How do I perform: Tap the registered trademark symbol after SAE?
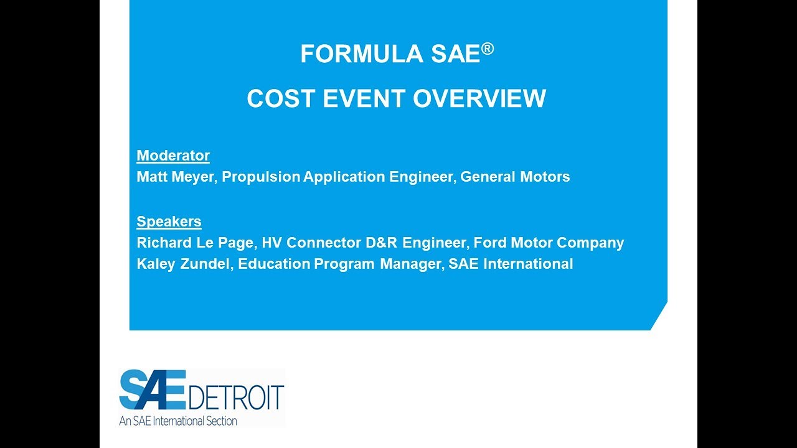point(488,49)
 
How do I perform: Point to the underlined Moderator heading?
point(173,156)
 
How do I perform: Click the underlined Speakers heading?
point(169,222)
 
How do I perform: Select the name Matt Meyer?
point(175,177)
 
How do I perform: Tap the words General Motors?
point(515,177)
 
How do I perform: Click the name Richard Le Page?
point(194,243)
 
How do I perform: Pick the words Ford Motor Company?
point(549,243)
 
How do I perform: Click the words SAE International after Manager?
point(511,264)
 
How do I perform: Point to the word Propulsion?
point(261,177)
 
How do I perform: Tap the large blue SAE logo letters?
point(153,390)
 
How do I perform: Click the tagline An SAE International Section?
point(178,421)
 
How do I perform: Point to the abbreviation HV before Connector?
point(271,243)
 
